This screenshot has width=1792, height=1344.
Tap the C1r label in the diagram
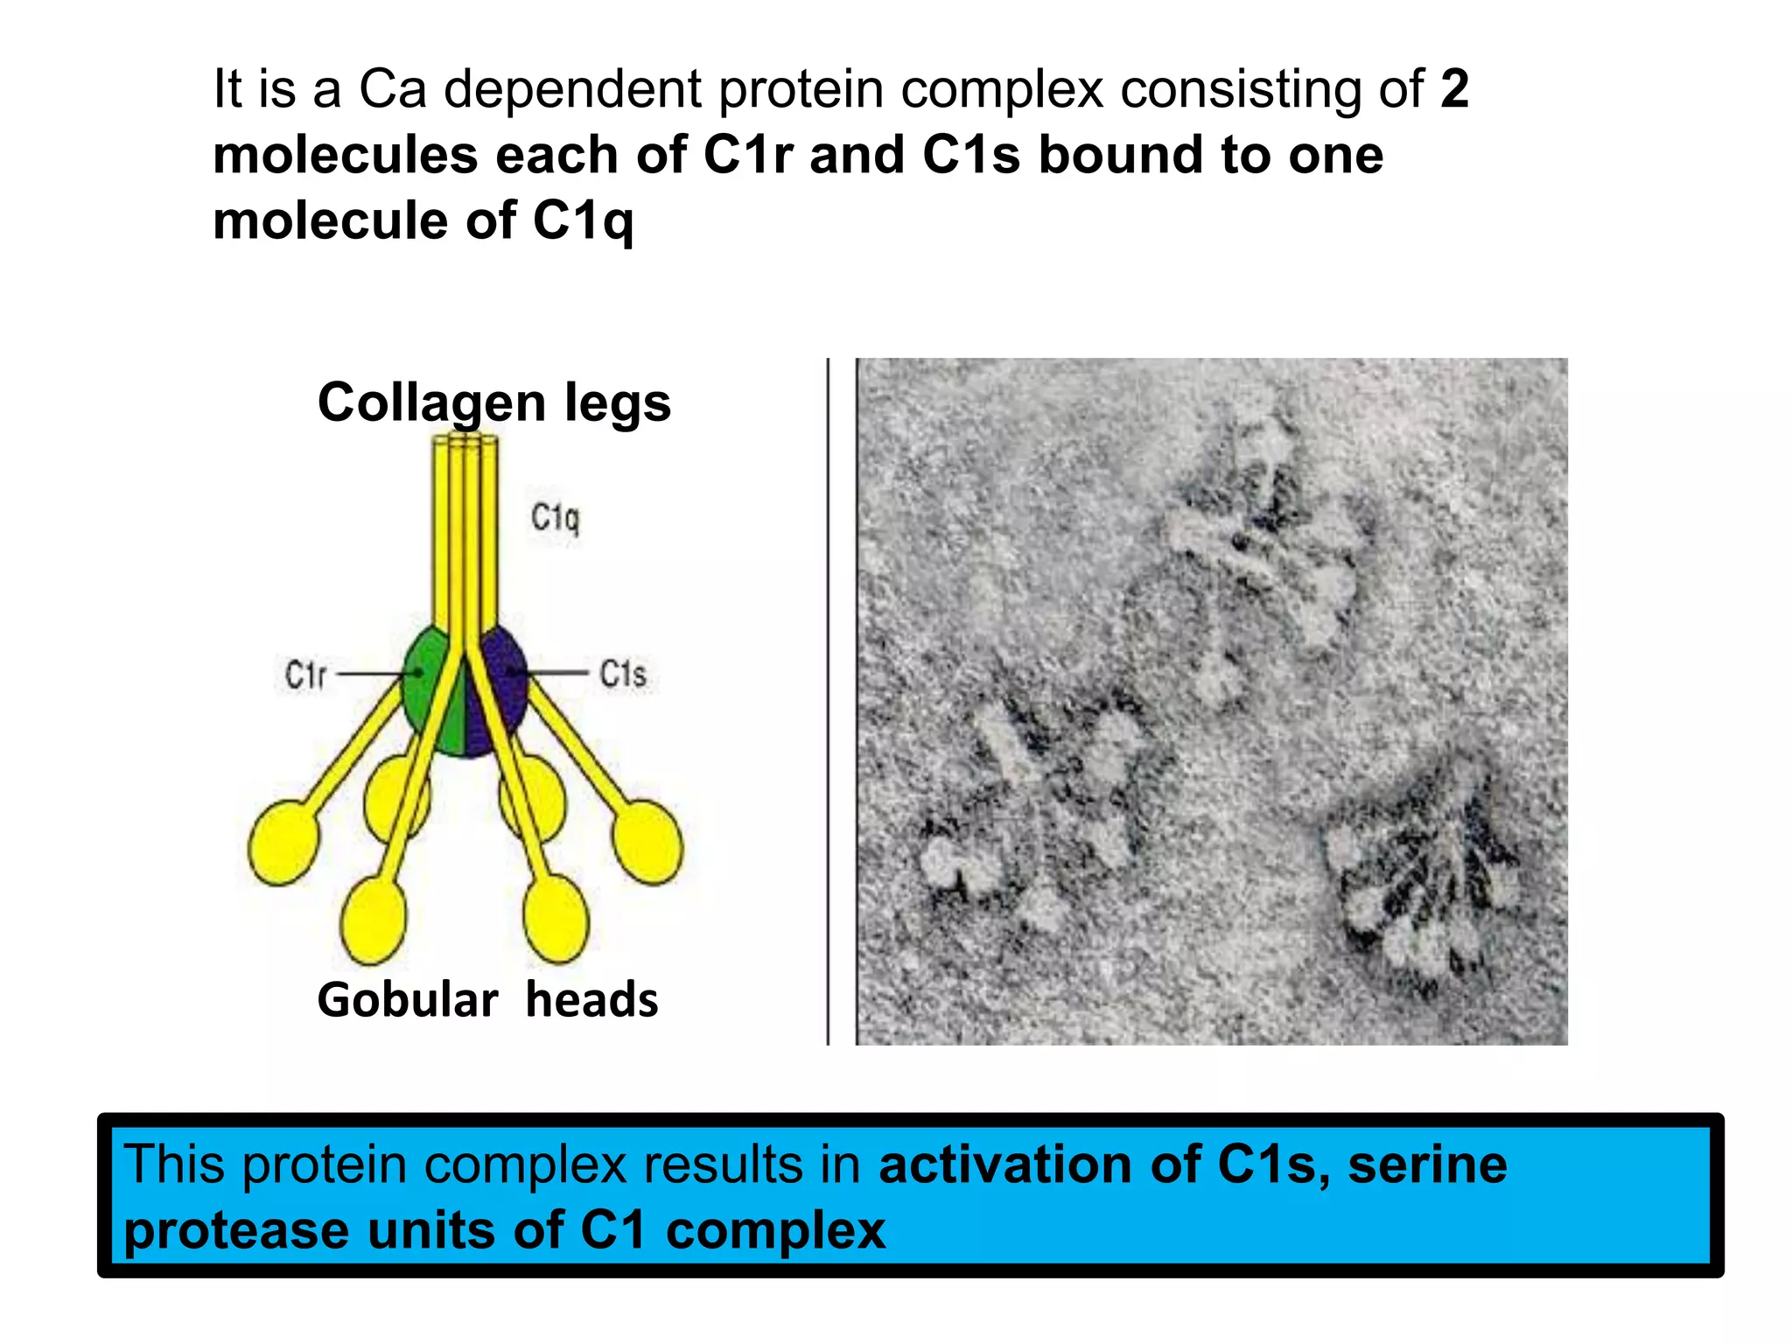[305, 675]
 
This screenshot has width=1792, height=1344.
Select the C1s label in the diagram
[622, 674]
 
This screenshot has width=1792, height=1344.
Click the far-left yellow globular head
[283, 842]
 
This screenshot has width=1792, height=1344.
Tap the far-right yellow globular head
[647, 842]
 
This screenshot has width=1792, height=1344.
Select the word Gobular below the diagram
[407, 1000]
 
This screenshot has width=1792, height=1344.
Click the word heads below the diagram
[591, 1000]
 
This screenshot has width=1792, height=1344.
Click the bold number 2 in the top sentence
[1454, 89]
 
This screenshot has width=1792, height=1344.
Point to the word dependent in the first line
[572, 89]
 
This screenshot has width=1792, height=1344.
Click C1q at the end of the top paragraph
[583, 220]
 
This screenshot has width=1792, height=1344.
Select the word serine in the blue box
[1427, 1165]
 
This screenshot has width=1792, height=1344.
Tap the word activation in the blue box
[1004, 1165]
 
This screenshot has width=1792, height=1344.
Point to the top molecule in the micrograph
[1260, 551]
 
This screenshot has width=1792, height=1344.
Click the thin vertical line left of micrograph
[828, 700]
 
